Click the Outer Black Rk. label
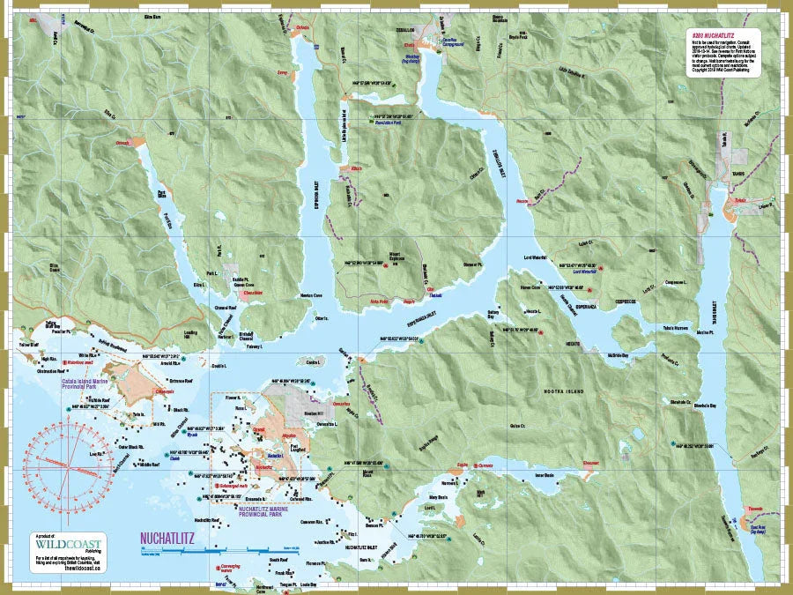(130, 446)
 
